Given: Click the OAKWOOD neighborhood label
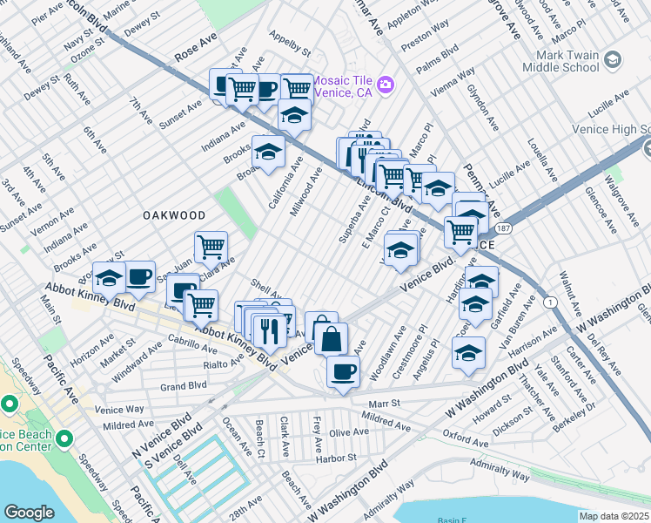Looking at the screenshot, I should coord(175,214).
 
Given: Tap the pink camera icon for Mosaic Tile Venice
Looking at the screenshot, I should coord(384,85).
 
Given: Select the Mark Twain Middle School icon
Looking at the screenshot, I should coord(613,59).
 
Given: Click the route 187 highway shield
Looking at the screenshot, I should coord(504,228).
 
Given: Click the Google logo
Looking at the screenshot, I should coord(29,513).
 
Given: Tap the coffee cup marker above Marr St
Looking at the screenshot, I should coord(343,371).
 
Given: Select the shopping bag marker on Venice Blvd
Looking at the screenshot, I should coord(332,339).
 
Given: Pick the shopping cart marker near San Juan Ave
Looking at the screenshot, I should coord(211,248).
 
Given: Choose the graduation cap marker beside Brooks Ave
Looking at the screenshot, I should coord(268,152).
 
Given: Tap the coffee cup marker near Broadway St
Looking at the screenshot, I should coord(139,277).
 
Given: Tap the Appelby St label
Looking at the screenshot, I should coord(290,42).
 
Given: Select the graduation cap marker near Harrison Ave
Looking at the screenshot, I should coord(468,353).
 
